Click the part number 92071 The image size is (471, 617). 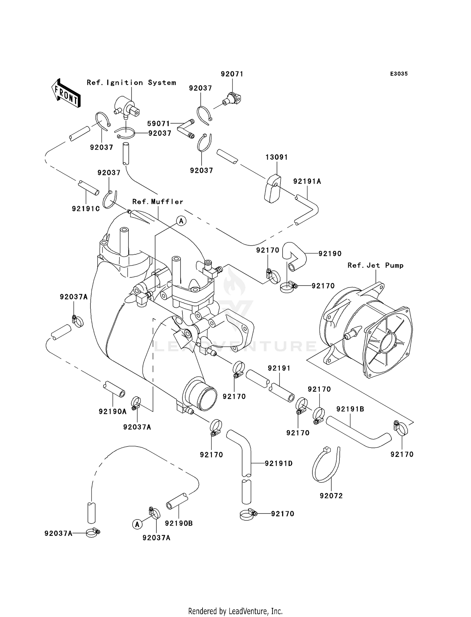(x=232, y=74)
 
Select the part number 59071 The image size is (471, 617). (x=159, y=124)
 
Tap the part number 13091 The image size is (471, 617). (x=277, y=157)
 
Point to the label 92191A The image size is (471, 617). (x=307, y=181)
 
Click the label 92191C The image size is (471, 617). (x=86, y=208)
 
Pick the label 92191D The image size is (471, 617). (x=279, y=463)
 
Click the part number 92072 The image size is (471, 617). (x=331, y=496)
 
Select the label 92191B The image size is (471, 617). (x=350, y=409)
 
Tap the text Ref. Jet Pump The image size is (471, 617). (x=376, y=265)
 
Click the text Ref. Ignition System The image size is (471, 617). (x=131, y=83)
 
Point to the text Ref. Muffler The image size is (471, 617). (x=158, y=202)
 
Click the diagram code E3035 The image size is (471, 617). (x=399, y=74)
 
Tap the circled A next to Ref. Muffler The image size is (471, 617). (x=181, y=221)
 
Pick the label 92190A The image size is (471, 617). (x=112, y=411)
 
